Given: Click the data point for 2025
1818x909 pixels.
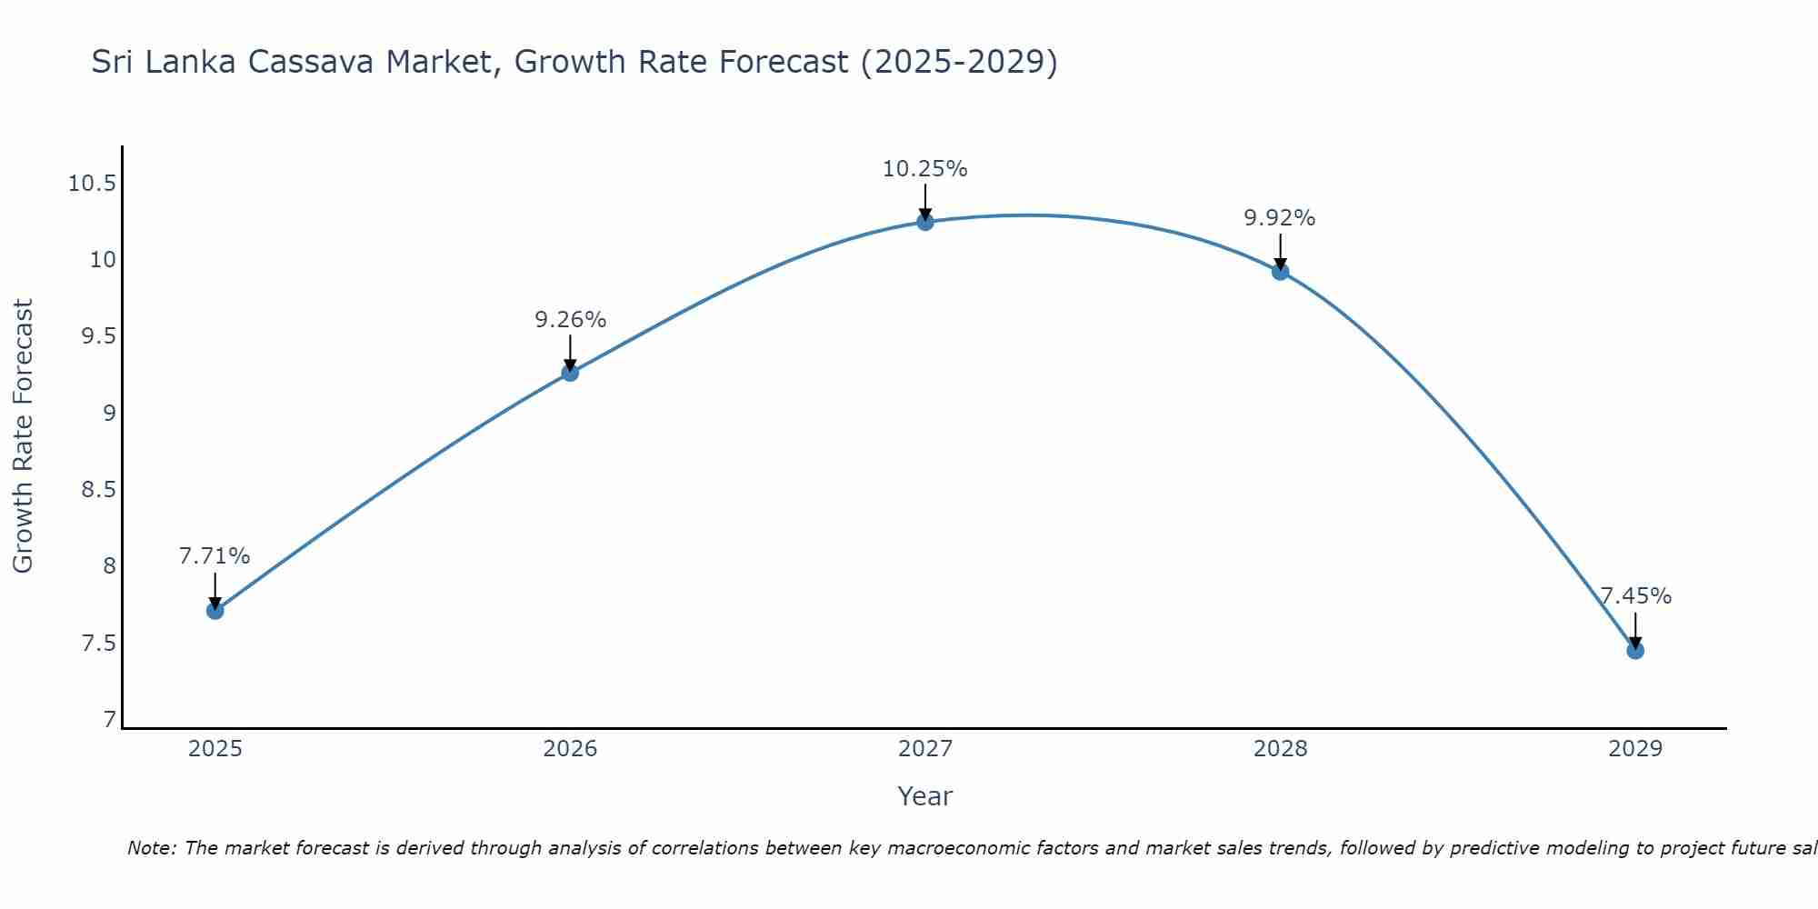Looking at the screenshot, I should click(x=215, y=610).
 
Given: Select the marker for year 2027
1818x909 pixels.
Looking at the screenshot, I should click(x=925, y=222).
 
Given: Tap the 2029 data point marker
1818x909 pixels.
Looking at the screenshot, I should click(x=1635, y=650).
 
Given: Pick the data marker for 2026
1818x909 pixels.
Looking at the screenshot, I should click(x=570, y=373).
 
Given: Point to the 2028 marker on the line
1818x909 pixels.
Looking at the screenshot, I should click(x=1280, y=272).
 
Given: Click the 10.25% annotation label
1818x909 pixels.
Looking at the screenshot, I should click(x=924, y=169).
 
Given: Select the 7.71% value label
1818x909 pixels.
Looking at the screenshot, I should click(x=215, y=556).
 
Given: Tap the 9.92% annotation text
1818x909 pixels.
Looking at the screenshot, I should click(x=1279, y=218).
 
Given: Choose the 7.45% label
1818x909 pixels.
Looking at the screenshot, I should click(x=1635, y=596).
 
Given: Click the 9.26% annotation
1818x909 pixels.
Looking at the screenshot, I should click(x=570, y=320).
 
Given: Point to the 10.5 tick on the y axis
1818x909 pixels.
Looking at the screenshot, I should click(x=92, y=184).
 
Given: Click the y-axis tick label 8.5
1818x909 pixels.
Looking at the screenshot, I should click(x=98, y=490).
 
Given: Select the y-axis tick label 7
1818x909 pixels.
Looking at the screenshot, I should click(x=110, y=720).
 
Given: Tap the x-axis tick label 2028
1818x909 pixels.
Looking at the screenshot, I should click(x=1280, y=749).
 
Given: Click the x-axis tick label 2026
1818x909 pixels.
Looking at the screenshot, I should click(x=570, y=749).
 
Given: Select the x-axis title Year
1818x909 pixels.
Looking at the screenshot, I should click(x=924, y=796).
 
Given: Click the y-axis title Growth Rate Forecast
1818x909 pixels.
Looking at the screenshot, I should click(x=23, y=436).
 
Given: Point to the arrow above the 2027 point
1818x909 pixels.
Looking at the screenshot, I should click(x=925, y=200).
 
